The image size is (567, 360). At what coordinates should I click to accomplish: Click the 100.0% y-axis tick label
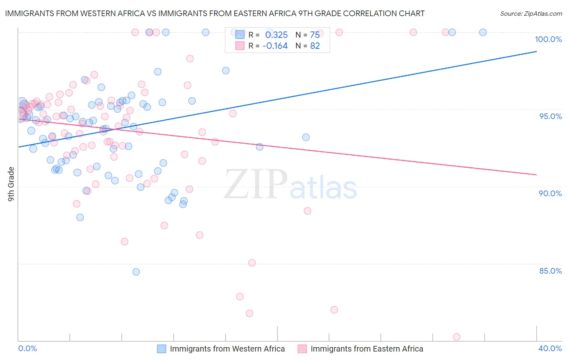tap(548, 39)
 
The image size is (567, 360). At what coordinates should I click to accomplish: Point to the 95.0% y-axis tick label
tap(550, 116)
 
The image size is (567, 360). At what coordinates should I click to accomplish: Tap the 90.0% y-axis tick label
tap(550, 193)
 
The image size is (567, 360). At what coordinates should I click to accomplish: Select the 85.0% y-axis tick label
tap(550, 271)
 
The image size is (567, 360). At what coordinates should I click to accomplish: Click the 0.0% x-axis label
tap(27, 348)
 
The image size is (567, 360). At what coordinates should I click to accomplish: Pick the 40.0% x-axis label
tap(550, 348)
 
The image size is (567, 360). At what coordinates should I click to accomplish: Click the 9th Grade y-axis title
tap(11, 184)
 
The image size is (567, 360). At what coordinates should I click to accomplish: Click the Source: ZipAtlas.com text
tap(531, 14)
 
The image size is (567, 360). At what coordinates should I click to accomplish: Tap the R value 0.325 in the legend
tap(276, 35)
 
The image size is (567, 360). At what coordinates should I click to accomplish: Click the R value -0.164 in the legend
tap(275, 46)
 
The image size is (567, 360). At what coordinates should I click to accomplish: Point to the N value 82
tap(315, 46)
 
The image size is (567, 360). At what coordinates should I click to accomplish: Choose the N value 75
tap(315, 35)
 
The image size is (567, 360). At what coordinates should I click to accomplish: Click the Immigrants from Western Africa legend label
tap(227, 349)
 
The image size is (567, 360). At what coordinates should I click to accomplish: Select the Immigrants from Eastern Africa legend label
tap(367, 349)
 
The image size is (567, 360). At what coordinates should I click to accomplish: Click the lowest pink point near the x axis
tap(457, 337)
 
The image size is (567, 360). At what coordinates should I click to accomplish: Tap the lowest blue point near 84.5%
tap(136, 272)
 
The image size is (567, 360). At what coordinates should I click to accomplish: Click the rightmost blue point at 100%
tap(483, 32)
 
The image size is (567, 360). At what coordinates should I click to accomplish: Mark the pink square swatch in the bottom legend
tap(302, 349)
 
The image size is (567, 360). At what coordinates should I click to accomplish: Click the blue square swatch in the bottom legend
tap(161, 349)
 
